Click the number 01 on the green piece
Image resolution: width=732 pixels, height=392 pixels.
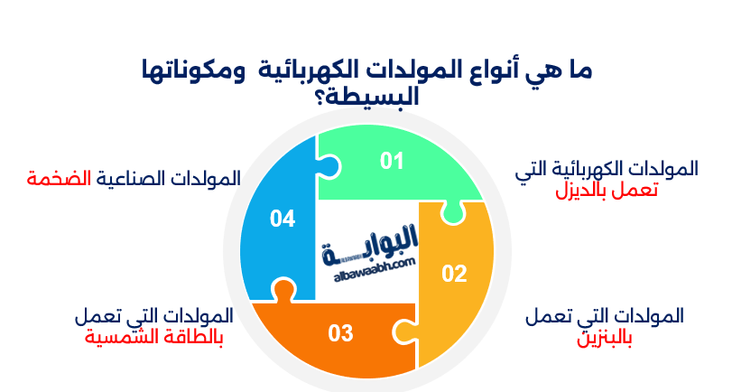click(x=391, y=161)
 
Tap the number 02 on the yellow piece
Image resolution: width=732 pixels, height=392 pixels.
click(x=453, y=274)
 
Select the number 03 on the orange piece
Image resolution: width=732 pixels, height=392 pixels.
click(x=340, y=333)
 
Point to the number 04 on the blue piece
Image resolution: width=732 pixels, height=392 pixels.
click(x=282, y=218)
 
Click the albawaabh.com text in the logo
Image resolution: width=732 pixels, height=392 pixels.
click(x=366, y=261)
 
